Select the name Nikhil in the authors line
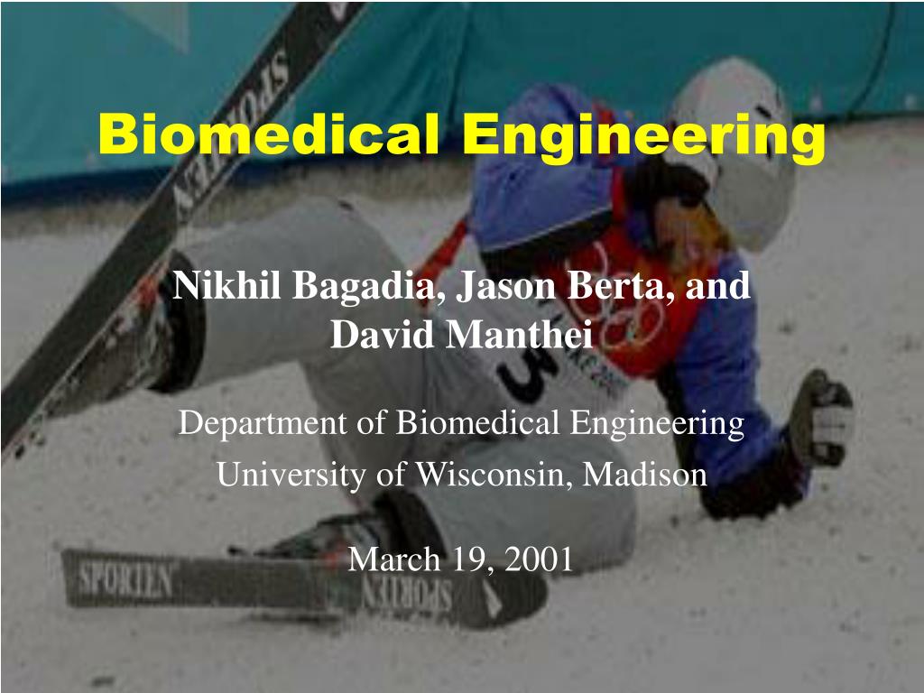tap(226, 286)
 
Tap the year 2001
tap(539, 559)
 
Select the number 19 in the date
tap(469, 559)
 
